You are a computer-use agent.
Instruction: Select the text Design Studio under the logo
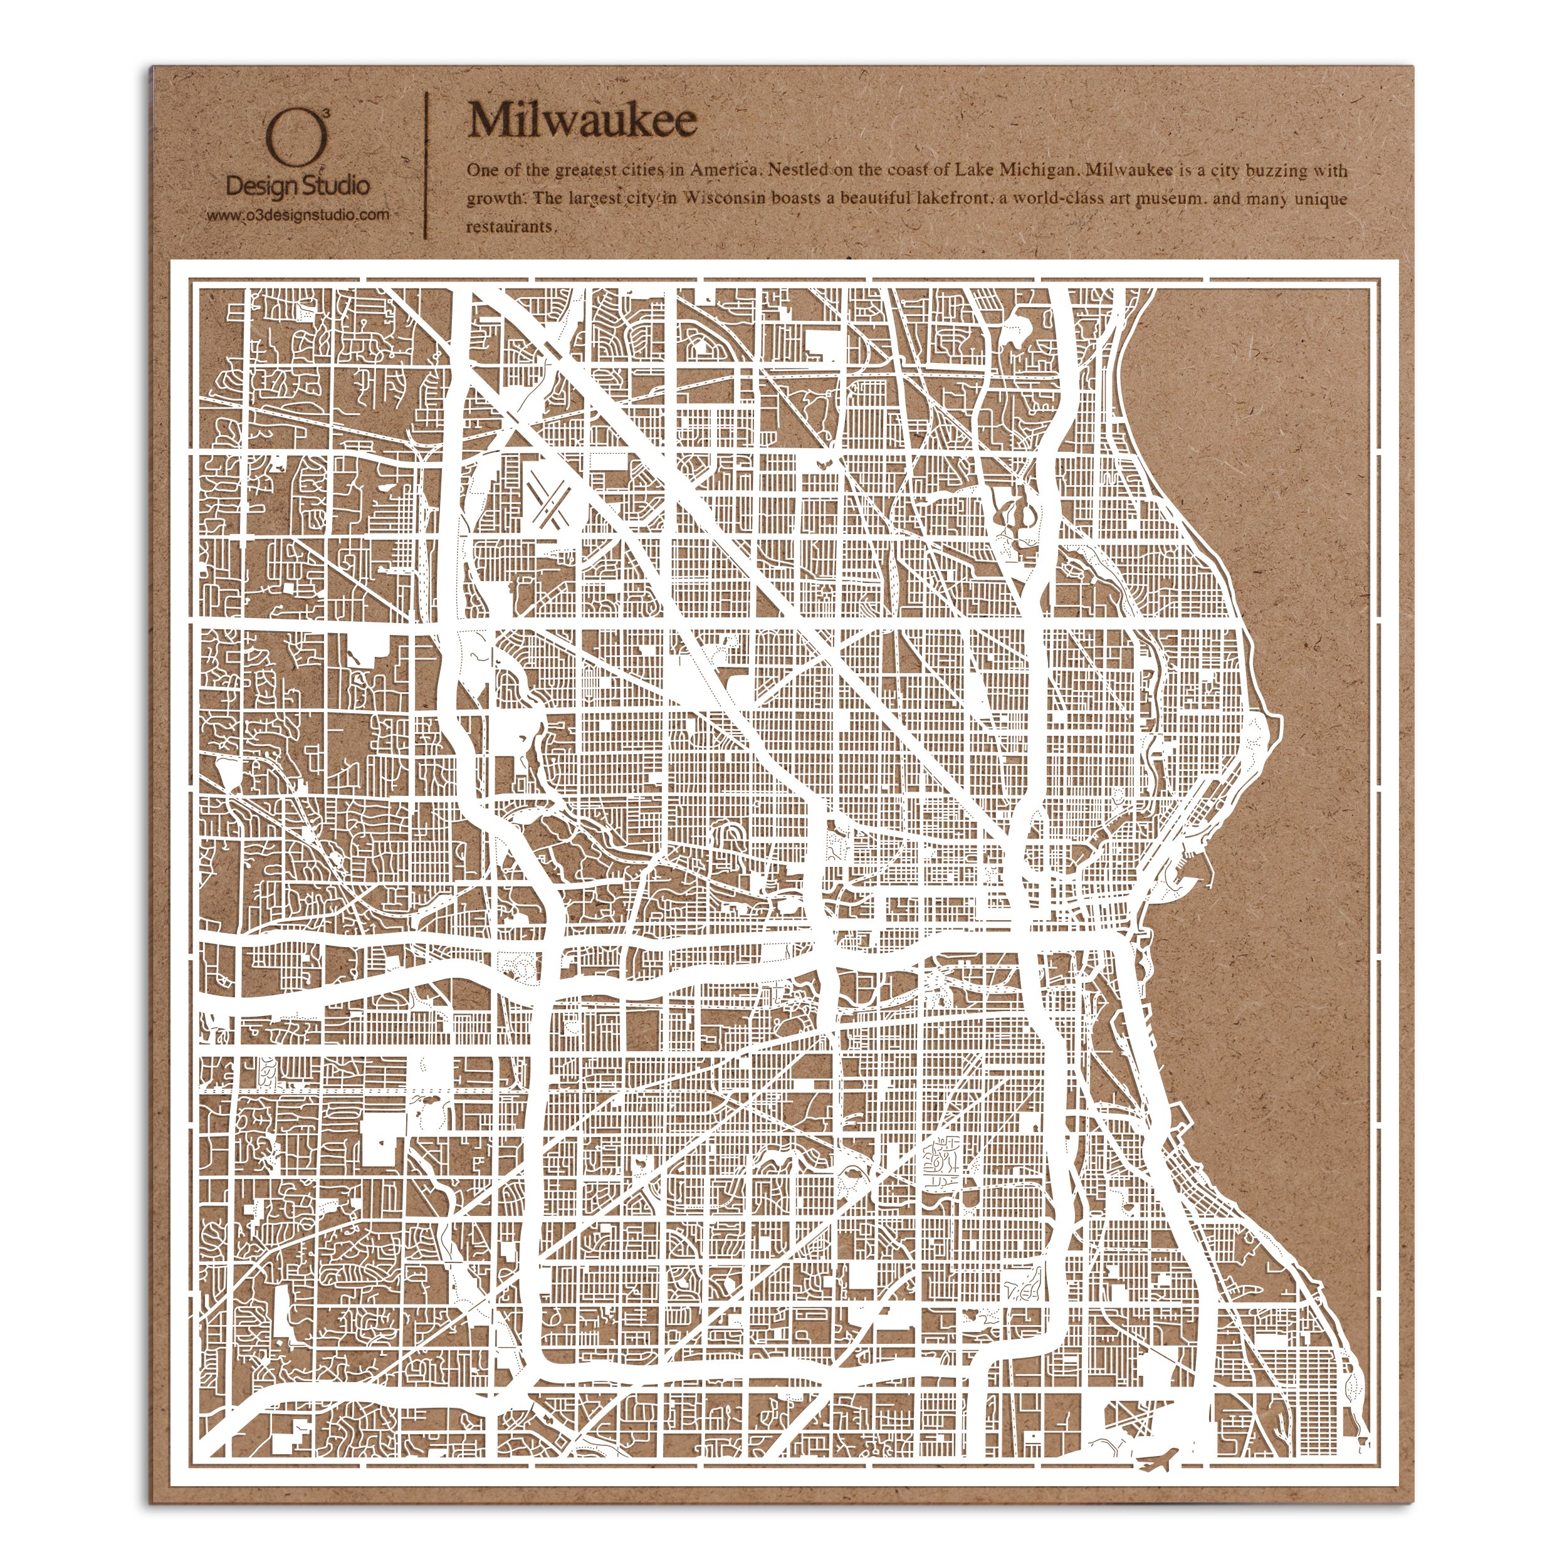pos(297,187)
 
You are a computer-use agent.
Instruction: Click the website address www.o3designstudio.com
pos(297,216)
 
